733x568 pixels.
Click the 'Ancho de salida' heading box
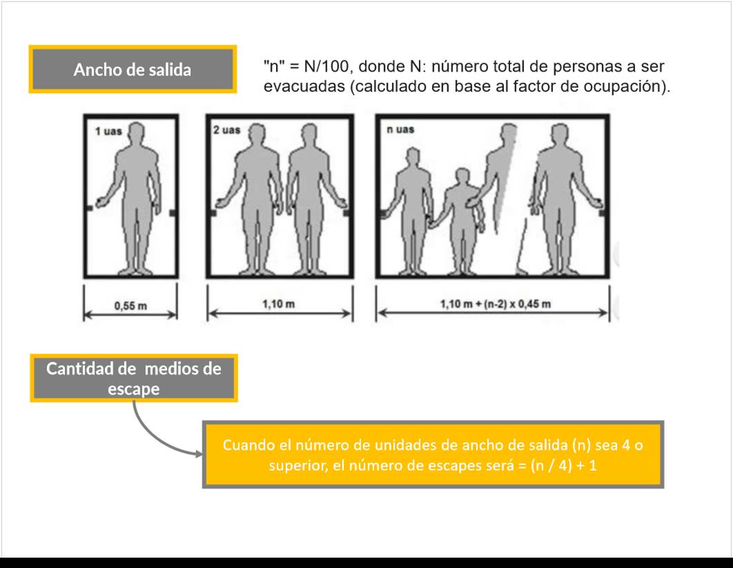pyautogui.click(x=133, y=69)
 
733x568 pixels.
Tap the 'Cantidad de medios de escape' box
pyautogui.click(x=134, y=378)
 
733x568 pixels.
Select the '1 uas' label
pyautogui.click(x=108, y=131)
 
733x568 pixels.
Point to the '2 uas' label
pyautogui.click(x=226, y=130)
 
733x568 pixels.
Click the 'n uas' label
pyautogui.click(x=400, y=129)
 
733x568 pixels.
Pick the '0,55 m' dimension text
pyautogui.click(x=130, y=306)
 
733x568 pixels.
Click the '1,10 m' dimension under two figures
pyautogui.click(x=279, y=304)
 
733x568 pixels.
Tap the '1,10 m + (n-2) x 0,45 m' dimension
pyautogui.click(x=496, y=304)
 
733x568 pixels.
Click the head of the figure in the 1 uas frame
pyautogui.click(x=136, y=133)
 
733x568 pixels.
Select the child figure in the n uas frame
pyautogui.click(x=462, y=220)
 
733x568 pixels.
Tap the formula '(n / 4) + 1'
pyautogui.click(x=563, y=466)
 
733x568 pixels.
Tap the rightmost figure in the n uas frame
pyautogui.click(x=563, y=199)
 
